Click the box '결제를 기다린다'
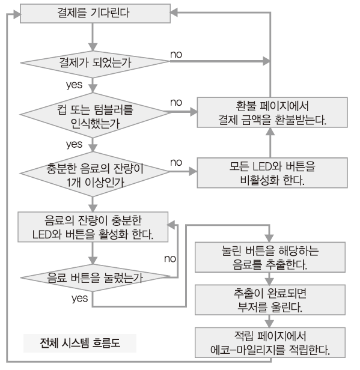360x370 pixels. click(95, 13)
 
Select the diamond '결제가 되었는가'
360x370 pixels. click(95, 62)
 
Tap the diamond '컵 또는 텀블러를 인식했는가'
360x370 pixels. click(95, 115)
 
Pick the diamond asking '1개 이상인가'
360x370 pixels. click(95, 174)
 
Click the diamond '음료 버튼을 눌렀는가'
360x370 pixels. click(95, 277)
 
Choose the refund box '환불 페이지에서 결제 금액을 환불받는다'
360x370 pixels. click(272, 112)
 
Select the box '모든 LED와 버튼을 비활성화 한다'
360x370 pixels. click(272, 173)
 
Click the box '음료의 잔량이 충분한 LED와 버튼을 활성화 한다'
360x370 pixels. click(93, 227)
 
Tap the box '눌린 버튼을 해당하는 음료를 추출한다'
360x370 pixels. click(270, 257)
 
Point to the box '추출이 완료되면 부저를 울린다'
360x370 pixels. click(270, 300)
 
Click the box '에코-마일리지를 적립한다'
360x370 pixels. click(270, 342)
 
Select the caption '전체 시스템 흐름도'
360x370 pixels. click(80, 343)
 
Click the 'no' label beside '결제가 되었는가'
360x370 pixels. click(176, 55)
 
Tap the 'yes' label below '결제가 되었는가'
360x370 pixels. click(74, 85)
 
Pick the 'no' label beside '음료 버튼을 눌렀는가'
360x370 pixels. click(170, 259)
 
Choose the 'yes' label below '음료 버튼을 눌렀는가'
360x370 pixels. click(80, 299)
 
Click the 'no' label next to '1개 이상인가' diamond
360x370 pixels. click(176, 163)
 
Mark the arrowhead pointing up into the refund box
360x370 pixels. click(270, 132)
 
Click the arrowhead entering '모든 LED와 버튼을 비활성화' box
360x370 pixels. click(193, 172)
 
